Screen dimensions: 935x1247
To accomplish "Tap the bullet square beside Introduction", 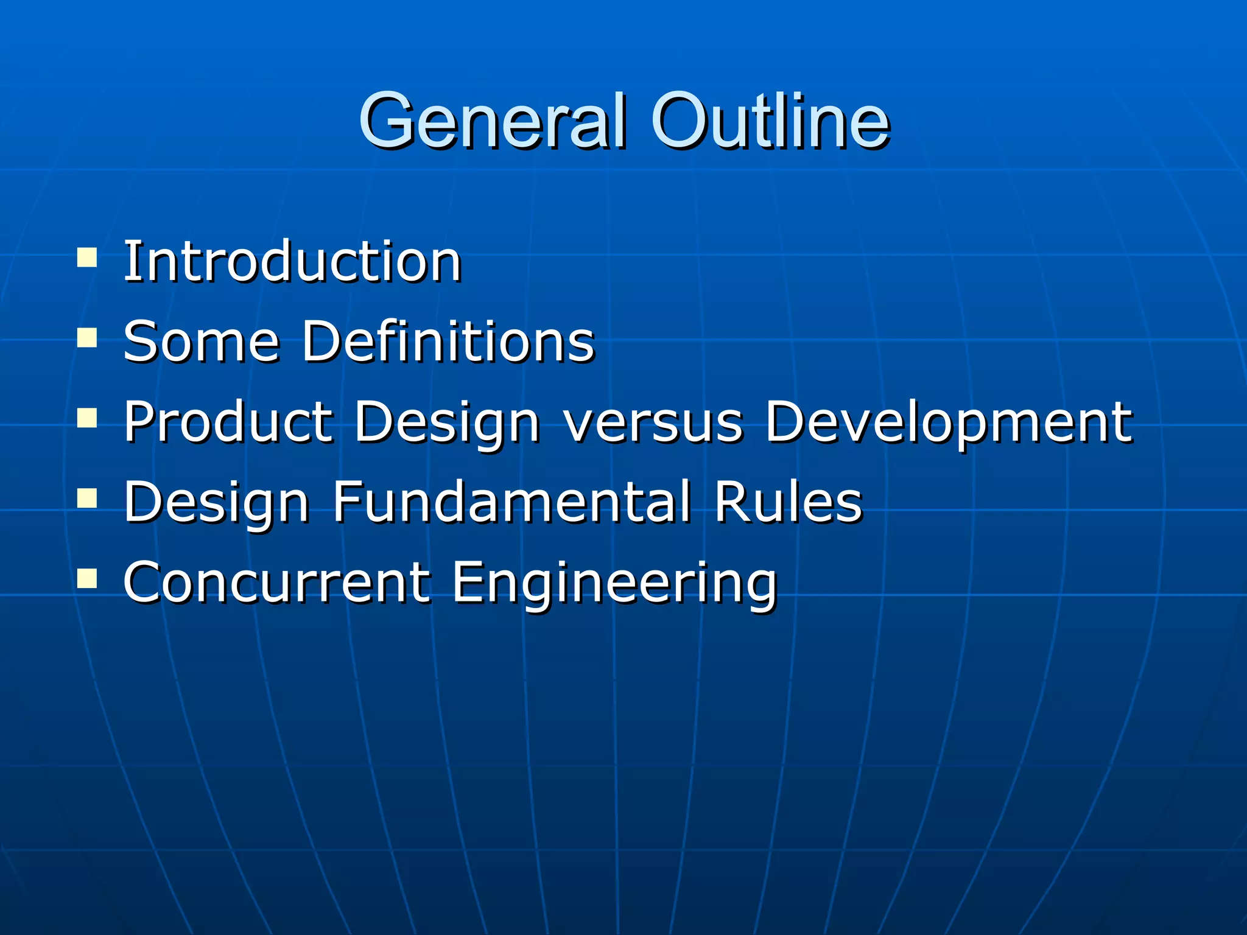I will (87, 257).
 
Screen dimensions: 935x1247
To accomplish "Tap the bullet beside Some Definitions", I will (87, 337).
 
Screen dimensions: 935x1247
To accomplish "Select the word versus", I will (653, 423).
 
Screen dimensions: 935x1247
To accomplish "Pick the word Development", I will (948, 423).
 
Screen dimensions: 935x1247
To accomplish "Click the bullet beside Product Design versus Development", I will (87, 418).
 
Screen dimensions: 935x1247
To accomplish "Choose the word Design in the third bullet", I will (446, 423).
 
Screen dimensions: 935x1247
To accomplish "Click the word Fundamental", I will (512, 502).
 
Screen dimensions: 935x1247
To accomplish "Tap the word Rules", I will (788, 502).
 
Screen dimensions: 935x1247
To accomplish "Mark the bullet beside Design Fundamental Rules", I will (87, 499).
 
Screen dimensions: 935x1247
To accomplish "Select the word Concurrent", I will (276, 583).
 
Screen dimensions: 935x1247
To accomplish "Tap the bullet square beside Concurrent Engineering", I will (87, 578).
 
